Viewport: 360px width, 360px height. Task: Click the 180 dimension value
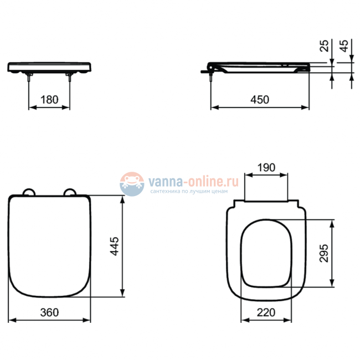[49, 100]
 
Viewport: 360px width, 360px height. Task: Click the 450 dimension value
[259, 100]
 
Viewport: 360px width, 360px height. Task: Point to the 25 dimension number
[325, 46]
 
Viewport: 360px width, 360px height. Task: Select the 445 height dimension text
[115, 245]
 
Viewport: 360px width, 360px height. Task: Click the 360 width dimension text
[50, 312]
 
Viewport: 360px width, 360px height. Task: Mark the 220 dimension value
[266, 312]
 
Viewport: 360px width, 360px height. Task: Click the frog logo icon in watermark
[132, 183]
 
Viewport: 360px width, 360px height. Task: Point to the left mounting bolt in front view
[28, 78]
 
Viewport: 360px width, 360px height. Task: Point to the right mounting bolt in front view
[70, 78]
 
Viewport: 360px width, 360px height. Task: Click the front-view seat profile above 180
[49, 66]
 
